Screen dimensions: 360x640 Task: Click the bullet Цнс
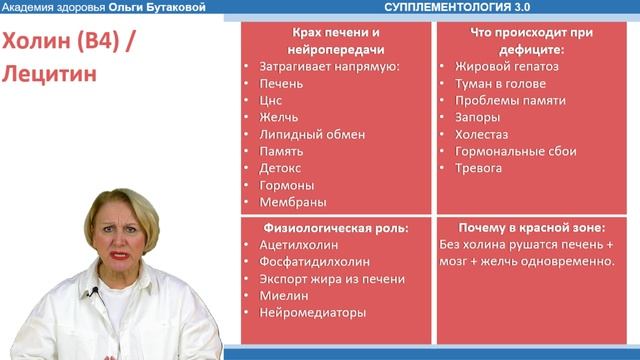271,100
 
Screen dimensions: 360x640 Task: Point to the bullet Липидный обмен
311,134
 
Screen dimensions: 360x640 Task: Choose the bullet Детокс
279,168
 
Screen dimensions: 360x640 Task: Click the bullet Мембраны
291,202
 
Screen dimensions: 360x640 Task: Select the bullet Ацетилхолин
298,244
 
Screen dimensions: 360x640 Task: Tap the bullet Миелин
283,295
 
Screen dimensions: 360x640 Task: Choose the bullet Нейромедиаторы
311,312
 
